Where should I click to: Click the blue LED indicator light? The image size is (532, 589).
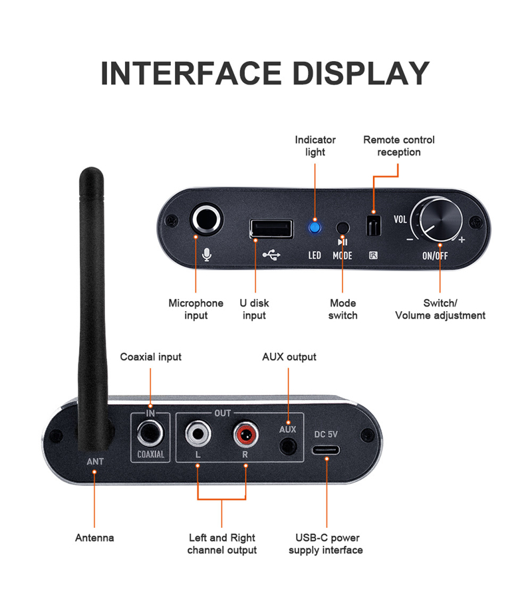pos(315,227)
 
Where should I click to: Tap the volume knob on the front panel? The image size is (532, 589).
pos(440,219)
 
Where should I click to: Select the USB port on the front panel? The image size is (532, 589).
pos(271,229)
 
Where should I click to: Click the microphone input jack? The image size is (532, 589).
pos(206,219)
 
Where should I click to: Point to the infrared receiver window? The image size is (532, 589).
pos(374,226)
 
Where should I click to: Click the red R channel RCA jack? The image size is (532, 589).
pos(245,434)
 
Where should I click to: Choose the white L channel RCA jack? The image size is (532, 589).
pos(198,433)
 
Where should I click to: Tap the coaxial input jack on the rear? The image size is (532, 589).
pos(150,433)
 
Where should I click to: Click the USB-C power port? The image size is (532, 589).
pos(326,449)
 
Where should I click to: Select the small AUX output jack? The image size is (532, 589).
pos(288,447)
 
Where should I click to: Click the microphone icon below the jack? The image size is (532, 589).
pos(206,255)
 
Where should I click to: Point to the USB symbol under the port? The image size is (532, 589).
pos(271,255)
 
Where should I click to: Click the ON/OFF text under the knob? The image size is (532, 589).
pos(435,256)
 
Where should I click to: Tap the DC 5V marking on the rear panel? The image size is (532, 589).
pos(326,434)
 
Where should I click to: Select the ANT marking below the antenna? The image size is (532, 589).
pos(95,461)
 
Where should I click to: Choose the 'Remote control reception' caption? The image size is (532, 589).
pos(398,146)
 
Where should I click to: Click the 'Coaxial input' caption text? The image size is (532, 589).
pos(151,357)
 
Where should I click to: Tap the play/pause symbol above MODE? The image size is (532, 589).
pos(342,242)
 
